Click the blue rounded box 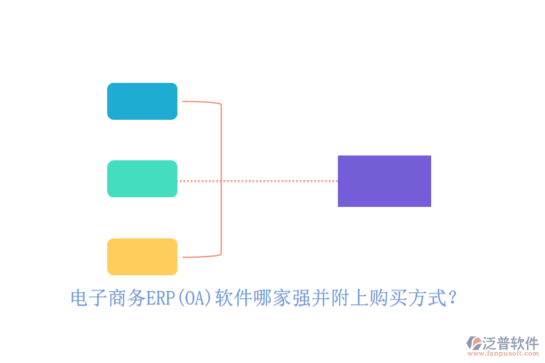(142, 101)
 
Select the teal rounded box (142, 178)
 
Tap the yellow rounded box (142, 257)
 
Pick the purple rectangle (384, 181)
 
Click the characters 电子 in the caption (90, 298)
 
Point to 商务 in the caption (127, 298)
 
